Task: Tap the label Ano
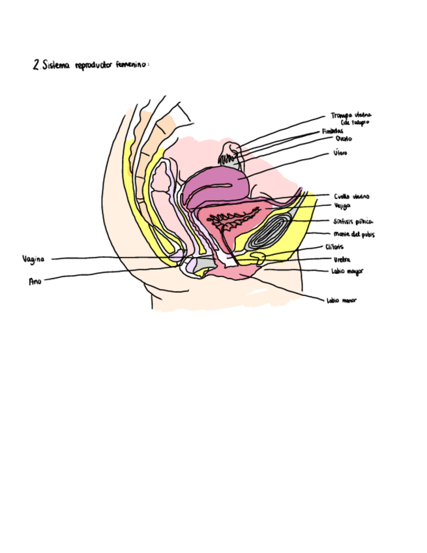pos(35,282)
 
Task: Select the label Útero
pos(340,153)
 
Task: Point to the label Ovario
pos(344,139)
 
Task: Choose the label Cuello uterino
pos(352,196)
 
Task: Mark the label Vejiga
pos(342,205)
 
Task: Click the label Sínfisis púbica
pos(353,221)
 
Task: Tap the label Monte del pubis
pos(353,233)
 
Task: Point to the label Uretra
pos(341,259)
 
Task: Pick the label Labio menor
pos(341,301)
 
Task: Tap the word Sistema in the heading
pos(56,66)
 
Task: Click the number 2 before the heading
pos(35,65)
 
